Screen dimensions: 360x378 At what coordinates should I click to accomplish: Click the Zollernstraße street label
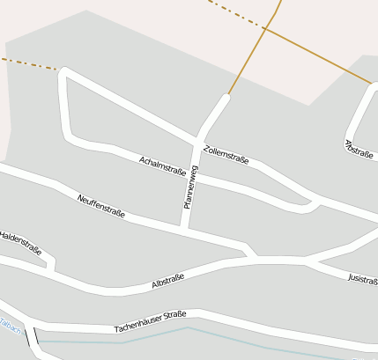click(x=226, y=155)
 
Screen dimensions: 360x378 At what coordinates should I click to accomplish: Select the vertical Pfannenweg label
click(x=191, y=187)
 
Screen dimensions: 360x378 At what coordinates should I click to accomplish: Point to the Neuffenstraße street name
click(x=101, y=206)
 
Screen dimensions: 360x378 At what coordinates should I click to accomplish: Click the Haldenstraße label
click(x=20, y=241)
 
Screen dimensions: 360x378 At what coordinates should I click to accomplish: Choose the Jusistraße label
click(x=363, y=279)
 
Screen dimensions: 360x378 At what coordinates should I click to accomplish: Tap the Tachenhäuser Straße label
click(x=150, y=323)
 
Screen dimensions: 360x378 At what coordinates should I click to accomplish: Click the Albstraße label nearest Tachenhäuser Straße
click(x=167, y=282)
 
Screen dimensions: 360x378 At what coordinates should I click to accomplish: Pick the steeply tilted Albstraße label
click(x=359, y=149)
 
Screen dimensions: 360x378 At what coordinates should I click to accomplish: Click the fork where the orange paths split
click(x=264, y=29)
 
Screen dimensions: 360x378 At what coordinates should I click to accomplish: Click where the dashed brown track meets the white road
click(x=60, y=70)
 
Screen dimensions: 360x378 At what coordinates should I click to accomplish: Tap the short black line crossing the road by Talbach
click(x=36, y=334)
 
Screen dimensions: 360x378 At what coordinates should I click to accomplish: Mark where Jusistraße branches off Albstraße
click(x=307, y=262)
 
